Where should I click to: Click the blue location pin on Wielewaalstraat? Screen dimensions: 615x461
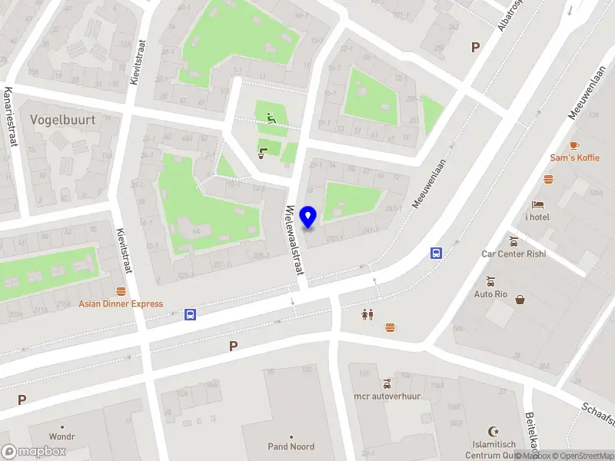coord(309,217)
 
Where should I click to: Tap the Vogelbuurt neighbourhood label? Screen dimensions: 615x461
coord(61,120)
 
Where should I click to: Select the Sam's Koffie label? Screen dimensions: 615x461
coord(574,158)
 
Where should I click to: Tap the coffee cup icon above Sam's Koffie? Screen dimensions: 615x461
coord(574,145)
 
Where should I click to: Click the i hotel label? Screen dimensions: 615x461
coord(537,216)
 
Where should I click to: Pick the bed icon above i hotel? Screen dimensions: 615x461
coord(537,204)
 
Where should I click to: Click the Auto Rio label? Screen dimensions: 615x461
coord(490,294)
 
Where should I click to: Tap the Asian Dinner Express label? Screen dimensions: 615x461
coord(121,303)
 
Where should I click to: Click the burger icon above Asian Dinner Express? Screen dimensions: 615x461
coord(121,291)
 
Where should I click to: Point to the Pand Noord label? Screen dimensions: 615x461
coord(291,446)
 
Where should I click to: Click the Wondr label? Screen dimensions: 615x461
coord(62,436)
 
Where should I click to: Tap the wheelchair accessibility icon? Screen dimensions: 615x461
coord(271,118)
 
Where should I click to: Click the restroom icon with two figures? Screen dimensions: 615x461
coord(367,314)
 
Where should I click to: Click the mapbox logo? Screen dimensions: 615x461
coord(33,451)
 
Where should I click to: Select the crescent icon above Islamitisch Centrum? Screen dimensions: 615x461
coord(494,432)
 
